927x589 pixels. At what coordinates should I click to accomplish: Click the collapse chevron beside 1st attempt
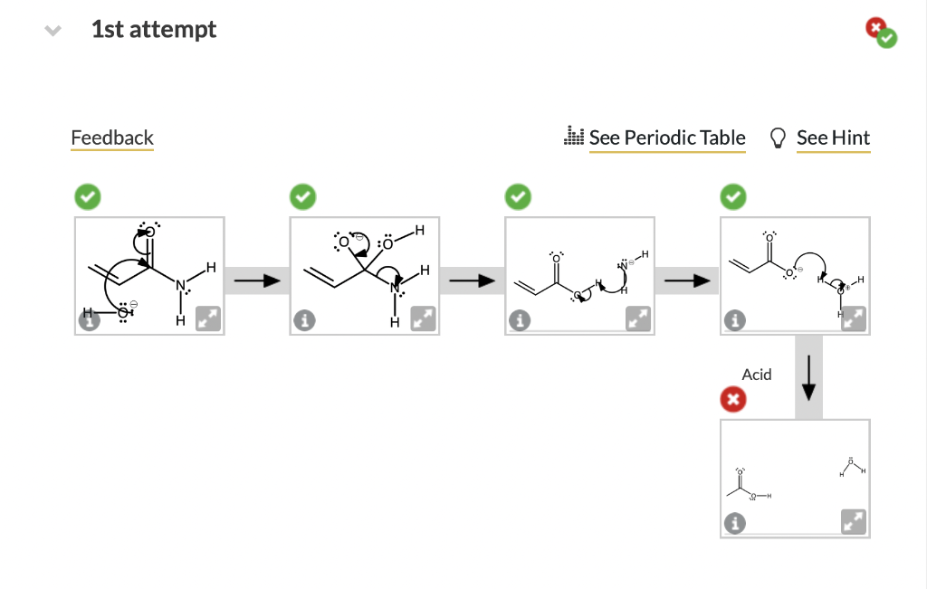pyautogui.click(x=53, y=30)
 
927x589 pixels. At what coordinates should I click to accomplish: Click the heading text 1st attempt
pyautogui.click(x=154, y=29)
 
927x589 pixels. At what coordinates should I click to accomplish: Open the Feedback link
pyautogui.click(x=112, y=138)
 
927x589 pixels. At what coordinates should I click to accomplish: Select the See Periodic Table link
pyautogui.click(x=667, y=138)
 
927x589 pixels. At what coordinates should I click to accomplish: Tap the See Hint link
pyautogui.click(x=833, y=138)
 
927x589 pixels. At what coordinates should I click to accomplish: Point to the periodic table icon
pyautogui.click(x=574, y=137)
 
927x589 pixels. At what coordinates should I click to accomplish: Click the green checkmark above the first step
pyautogui.click(x=88, y=195)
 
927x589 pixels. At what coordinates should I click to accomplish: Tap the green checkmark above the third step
pyautogui.click(x=518, y=195)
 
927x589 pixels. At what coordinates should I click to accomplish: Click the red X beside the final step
pyautogui.click(x=733, y=398)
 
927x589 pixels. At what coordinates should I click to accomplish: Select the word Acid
pyautogui.click(x=757, y=375)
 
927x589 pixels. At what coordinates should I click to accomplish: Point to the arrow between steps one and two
pyautogui.click(x=256, y=280)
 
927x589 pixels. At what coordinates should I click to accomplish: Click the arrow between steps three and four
pyautogui.click(x=686, y=280)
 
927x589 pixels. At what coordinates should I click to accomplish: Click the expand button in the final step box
pyautogui.click(x=854, y=522)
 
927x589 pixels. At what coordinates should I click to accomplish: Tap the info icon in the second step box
pyautogui.click(x=303, y=320)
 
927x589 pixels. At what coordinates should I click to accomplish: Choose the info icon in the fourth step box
pyautogui.click(x=734, y=320)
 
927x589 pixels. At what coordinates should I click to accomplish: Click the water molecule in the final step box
pyautogui.click(x=852, y=465)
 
